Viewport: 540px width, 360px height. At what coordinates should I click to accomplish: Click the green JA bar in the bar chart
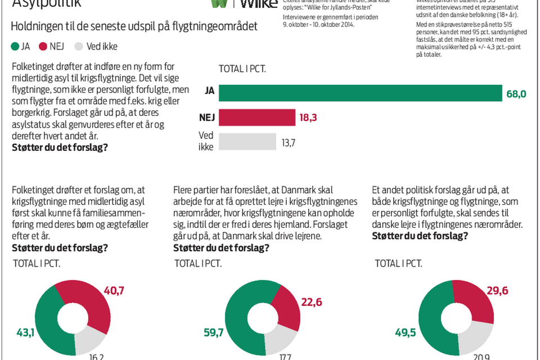tap(360, 93)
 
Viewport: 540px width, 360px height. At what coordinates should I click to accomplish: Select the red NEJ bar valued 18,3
tap(257, 118)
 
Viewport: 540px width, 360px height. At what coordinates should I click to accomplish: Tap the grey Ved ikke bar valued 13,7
tap(247, 142)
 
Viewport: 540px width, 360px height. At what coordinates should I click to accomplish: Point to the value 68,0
tap(516, 94)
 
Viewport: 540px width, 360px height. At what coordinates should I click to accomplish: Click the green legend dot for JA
tap(15, 47)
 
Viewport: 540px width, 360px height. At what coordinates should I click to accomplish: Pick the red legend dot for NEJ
tap(43, 47)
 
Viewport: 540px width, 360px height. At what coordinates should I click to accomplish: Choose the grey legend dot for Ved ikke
tap(78, 47)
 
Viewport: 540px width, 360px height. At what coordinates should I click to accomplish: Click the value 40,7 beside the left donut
tap(114, 291)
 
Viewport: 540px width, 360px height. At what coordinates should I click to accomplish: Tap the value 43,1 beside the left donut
tap(26, 333)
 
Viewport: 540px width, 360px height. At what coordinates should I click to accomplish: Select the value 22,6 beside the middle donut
tap(312, 303)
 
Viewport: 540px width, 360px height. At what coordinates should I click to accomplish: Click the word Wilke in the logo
tap(259, 4)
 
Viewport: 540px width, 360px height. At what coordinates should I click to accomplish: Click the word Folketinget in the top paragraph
tap(34, 67)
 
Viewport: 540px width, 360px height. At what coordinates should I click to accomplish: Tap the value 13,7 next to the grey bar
tap(288, 143)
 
